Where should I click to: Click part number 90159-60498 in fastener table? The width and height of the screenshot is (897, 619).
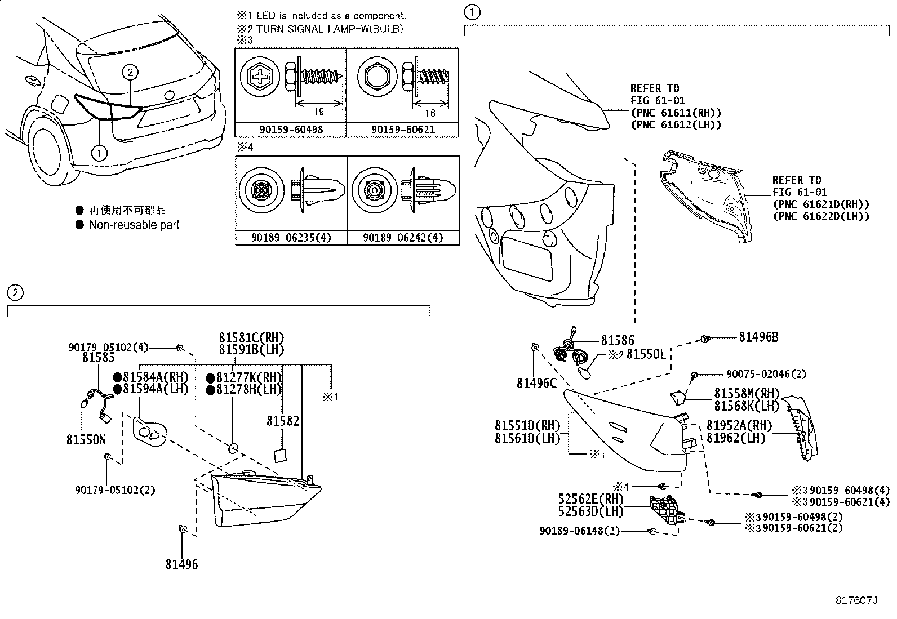[x=291, y=130]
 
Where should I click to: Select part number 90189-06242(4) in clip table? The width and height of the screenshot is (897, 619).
[x=403, y=238]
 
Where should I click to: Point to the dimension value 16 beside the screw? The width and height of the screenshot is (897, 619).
[x=430, y=113]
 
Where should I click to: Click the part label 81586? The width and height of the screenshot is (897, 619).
[x=618, y=340]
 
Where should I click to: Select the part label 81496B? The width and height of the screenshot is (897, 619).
[x=758, y=337]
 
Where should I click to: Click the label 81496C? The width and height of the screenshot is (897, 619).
[x=536, y=383]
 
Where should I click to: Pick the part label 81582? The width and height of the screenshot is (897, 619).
[x=283, y=421]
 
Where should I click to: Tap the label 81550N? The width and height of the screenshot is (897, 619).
[x=86, y=440]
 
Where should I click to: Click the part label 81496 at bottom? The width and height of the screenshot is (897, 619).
[x=181, y=564]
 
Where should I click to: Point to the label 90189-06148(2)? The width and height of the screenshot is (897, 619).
[x=579, y=531]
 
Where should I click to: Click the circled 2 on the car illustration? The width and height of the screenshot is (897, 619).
[x=130, y=72]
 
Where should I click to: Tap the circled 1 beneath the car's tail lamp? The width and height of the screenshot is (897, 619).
[x=99, y=153]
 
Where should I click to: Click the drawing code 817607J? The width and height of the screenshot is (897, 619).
[x=857, y=600]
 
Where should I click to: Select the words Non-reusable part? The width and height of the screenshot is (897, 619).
[x=134, y=225]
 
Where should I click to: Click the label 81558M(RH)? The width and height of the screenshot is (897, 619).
[x=746, y=393]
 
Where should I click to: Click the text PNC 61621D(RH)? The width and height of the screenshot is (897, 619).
[x=821, y=204]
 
